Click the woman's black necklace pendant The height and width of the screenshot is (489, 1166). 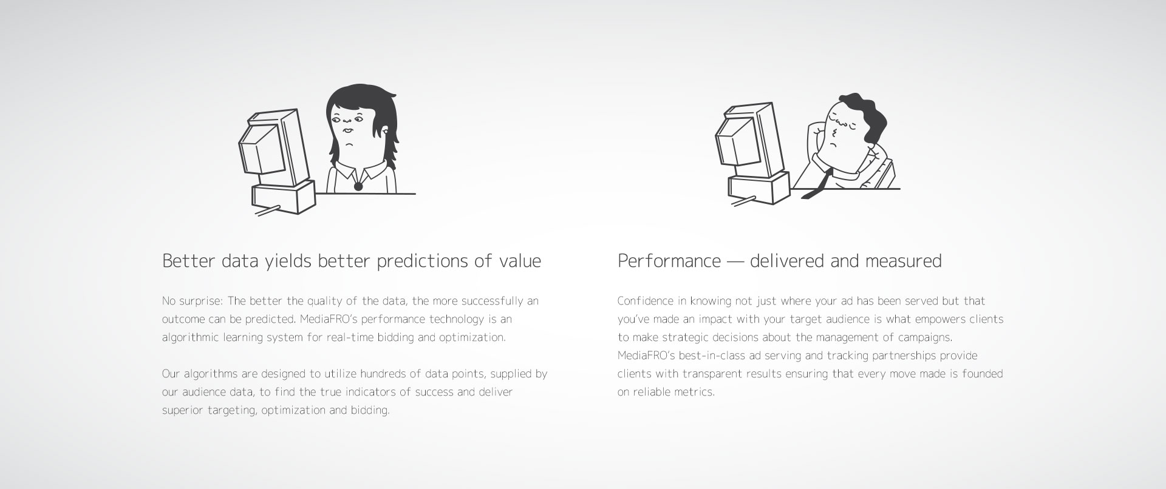coord(358,186)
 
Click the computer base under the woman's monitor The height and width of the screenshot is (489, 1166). coord(284,197)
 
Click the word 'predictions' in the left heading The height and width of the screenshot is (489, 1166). coord(421,261)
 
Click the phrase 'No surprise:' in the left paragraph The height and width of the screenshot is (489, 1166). coord(193,302)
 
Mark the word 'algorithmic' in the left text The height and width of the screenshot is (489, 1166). coord(189,338)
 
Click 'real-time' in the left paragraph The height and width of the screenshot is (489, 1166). coord(351,337)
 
